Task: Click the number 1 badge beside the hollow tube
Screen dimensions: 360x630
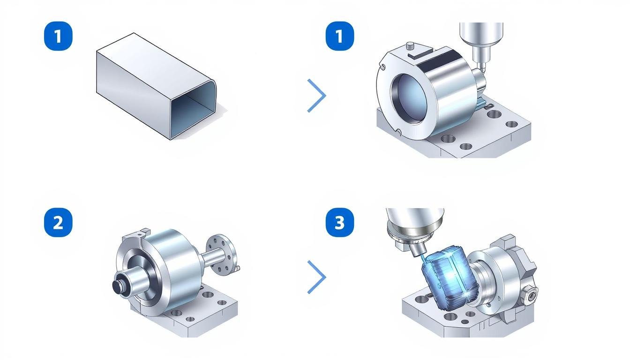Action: click(x=58, y=36)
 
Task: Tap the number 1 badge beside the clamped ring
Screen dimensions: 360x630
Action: click(x=340, y=36)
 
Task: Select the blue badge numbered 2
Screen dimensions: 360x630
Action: click(x=58, y=222)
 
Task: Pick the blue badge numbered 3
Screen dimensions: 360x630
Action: click(x=340, y=222)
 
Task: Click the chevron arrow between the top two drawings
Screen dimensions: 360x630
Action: click(x=317, y=96)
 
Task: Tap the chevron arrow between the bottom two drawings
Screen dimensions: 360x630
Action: click(x=317, y=277)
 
